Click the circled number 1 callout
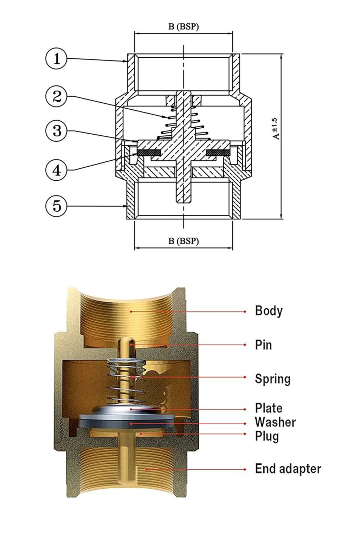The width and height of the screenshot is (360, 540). (56, 58)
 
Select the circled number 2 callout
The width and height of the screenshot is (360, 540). (56, 96)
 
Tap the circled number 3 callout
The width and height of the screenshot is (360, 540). (56, 131)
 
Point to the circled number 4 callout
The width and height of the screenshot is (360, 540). (56, 171)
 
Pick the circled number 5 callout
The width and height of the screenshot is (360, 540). (56, 205)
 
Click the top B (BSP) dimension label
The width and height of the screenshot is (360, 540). (183, 27)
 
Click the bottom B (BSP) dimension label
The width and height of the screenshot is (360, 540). (183, 241)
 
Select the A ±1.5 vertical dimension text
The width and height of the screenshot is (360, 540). (277, 129)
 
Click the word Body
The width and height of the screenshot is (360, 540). (269, 311)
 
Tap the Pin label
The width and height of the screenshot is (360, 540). (263, 345)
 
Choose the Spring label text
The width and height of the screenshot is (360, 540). (272, 379)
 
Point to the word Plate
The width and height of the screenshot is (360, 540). (269, 408)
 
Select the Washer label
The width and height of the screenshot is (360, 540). (275, 422)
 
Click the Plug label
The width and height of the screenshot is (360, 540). (266, 436)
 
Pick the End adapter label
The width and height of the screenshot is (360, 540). (288, 469)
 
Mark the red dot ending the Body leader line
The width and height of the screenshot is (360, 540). (245, 311)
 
